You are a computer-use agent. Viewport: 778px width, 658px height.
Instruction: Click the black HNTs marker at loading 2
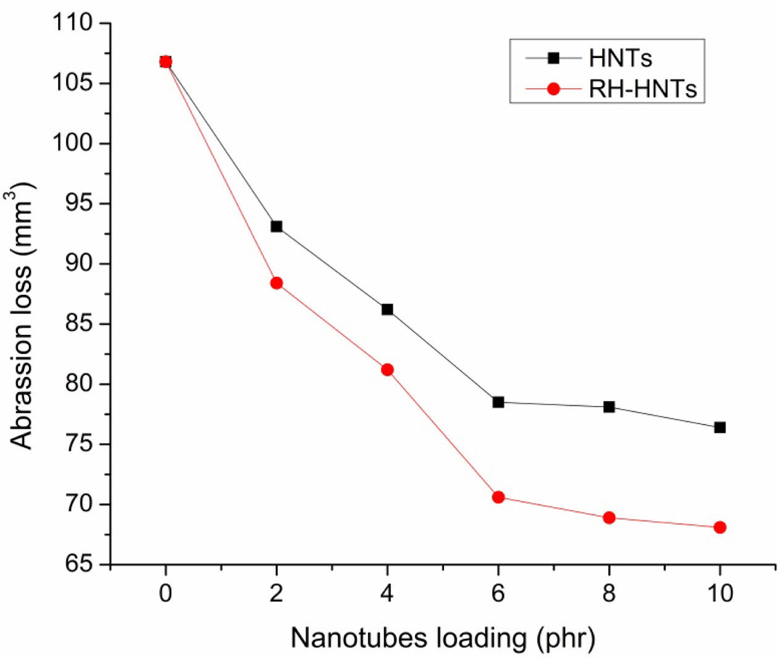pyautogui.click(x=276, y=227)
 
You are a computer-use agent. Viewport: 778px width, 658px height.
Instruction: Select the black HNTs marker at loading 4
pyautogui.click(x=387, y=310)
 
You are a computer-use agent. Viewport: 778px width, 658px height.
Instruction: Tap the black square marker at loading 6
pyautogui.click(x=498, y=402)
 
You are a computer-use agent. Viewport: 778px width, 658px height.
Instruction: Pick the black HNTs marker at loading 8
pyautogui.click(x=609, y=407)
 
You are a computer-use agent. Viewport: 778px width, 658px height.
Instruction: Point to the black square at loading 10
pyautogui.click(x=719, y=428)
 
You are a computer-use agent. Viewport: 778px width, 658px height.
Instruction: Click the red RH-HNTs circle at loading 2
pyautogui.click(x=276, y=283)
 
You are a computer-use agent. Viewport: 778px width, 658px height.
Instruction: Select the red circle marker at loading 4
pyautogui.click(x=387, y=370)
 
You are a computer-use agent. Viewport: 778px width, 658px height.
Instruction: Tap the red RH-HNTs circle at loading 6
pyautogui.click(x=498, y=497)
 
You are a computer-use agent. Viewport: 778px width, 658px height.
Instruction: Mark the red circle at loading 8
pyautogui.click(x=609, y=518)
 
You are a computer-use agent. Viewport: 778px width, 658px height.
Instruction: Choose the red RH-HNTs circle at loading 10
pyautogui.click(x=719, y=528)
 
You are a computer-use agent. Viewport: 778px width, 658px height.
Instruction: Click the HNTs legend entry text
pyautogui.click(x=620, y=58)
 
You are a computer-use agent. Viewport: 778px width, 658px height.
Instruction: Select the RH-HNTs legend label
pyautogui.click(x=642, y=89)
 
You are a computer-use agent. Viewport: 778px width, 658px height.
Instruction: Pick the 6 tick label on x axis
pyautogui.click(x=498, y=593)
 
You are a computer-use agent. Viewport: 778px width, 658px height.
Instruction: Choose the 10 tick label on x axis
pyautogui.click(x=719, y=593)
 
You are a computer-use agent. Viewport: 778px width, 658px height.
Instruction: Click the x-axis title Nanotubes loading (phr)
pyautogui.click(x=443, y=638)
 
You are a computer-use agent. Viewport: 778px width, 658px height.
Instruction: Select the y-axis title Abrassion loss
pyautogui.click(x=22, y=315)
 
